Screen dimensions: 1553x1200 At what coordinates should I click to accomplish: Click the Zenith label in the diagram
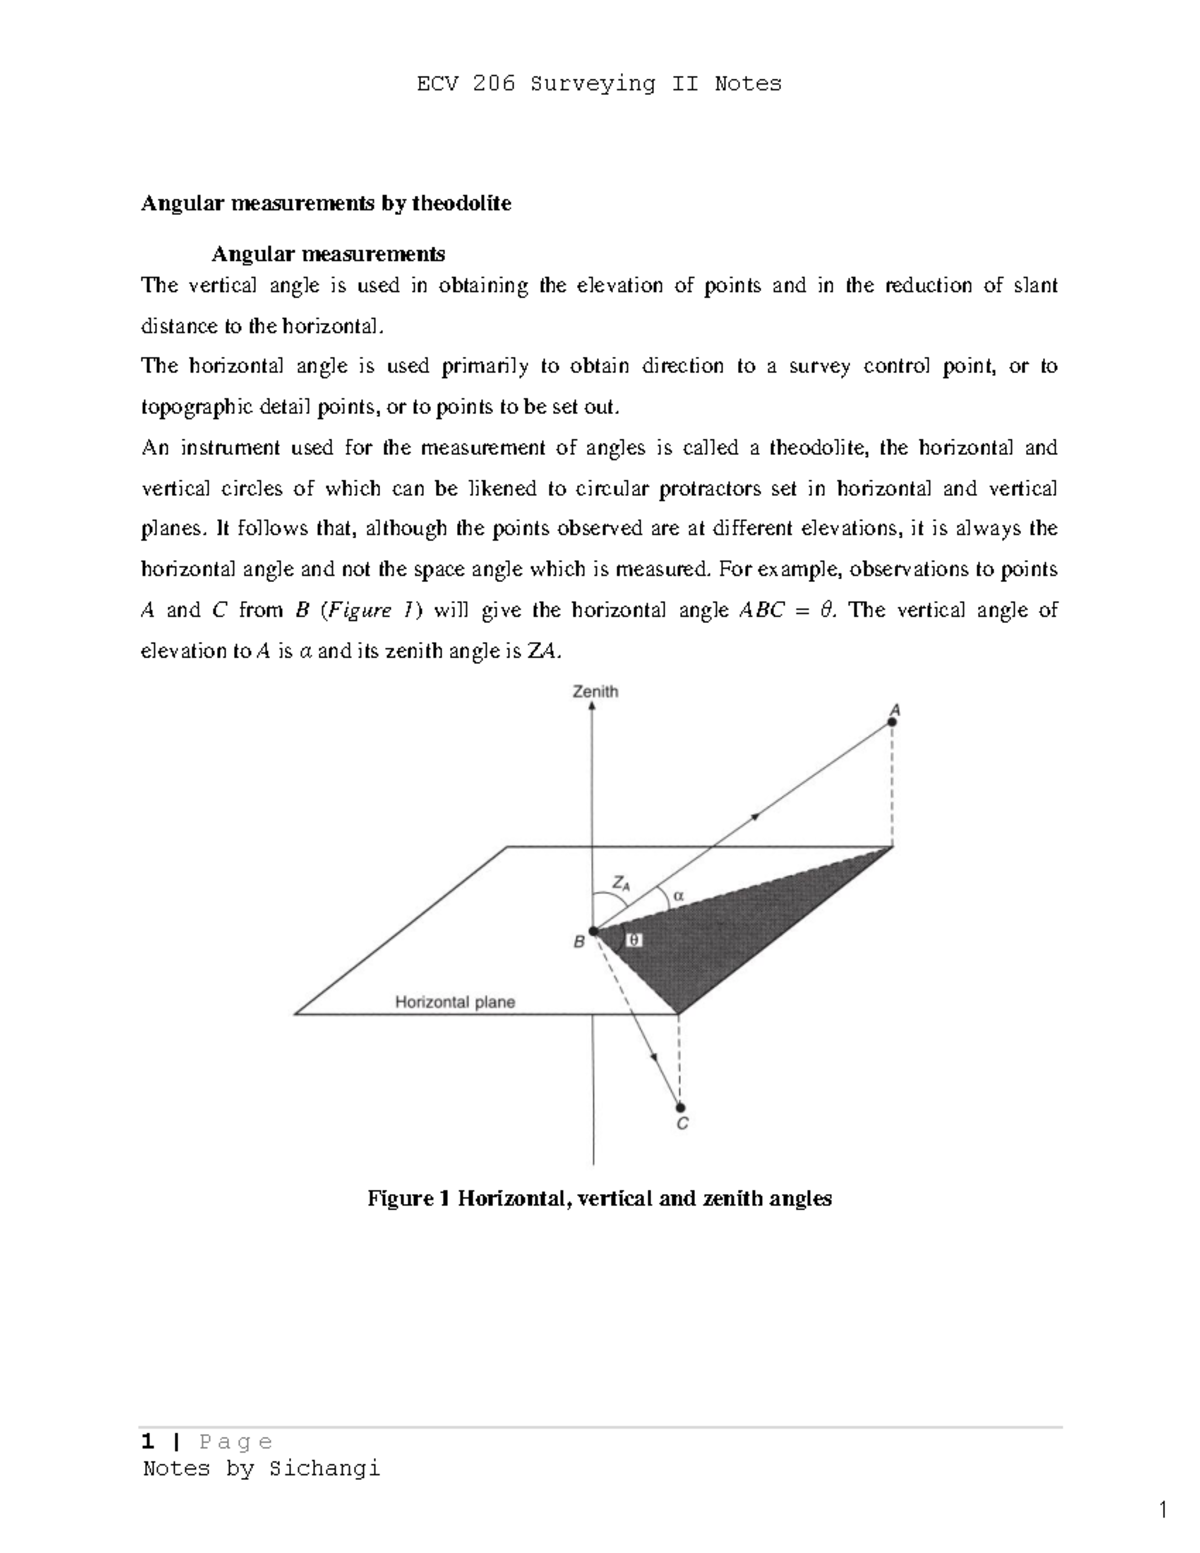coord(594,691)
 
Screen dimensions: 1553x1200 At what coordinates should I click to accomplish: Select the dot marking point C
coord(680,1106)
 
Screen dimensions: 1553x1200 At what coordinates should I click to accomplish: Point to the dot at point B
coord(593,931)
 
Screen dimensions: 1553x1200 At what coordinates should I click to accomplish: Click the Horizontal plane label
coord(455,1001)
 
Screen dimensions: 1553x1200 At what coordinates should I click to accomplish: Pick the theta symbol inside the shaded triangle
coord(633,940)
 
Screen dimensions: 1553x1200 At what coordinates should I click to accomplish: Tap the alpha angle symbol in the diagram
coord(678,896)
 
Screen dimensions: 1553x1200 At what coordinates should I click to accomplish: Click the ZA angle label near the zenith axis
coord(621,884)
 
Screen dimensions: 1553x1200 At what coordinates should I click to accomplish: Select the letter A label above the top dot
coord(895,708)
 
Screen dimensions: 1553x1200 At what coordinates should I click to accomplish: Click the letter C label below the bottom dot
coord(682,1125)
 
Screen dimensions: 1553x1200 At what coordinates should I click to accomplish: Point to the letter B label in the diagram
coord(578,941)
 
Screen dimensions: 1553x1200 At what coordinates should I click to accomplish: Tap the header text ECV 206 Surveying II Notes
coord(599,84)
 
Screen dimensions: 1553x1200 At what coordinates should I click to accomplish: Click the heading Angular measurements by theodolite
coord(326,204)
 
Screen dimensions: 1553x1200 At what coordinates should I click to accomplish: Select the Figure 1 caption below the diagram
coord(599,1198)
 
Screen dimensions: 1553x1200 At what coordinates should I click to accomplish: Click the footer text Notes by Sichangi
coord(261,1468)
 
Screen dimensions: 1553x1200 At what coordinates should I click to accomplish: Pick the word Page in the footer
coord(236,1441)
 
